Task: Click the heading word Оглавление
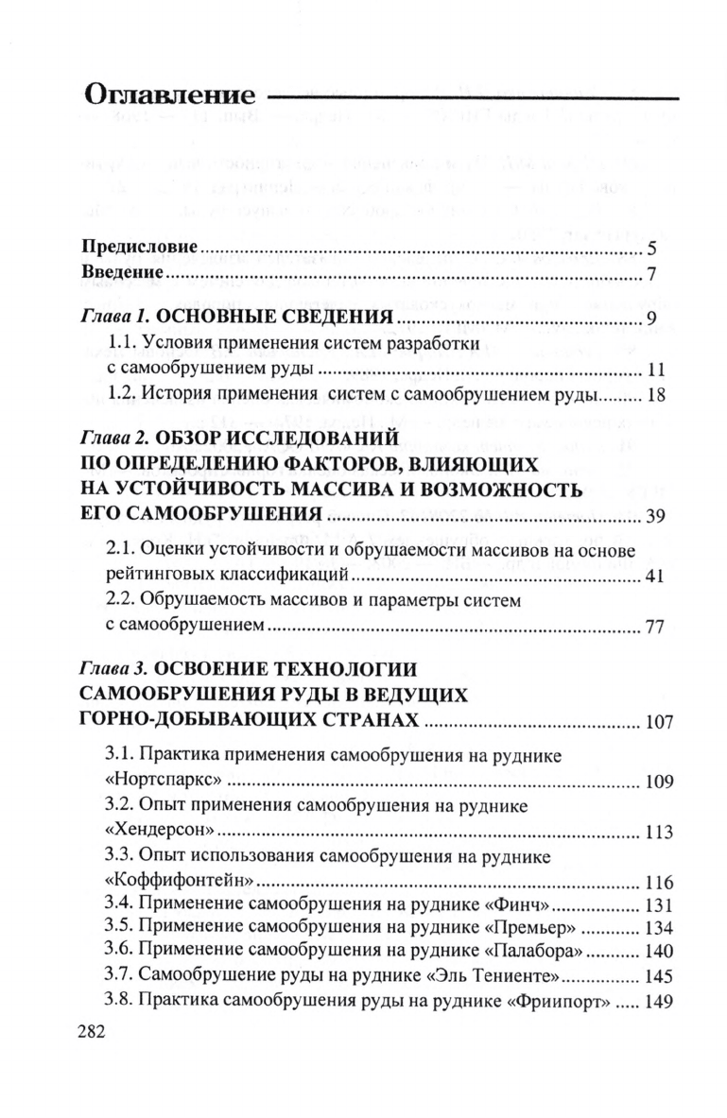pos(170,96)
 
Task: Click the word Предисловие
pos(140,249)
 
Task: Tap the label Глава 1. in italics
pos(115,317)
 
